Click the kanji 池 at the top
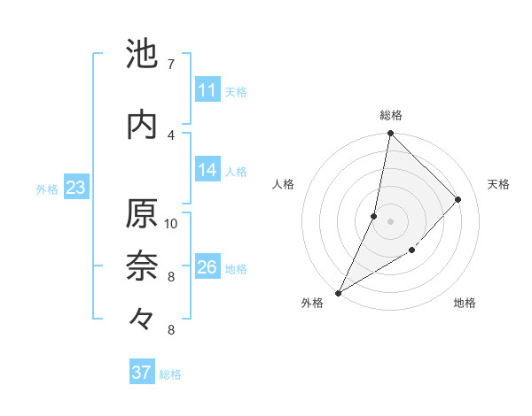[143, 54]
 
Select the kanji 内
[143, 124]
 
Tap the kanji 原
[143, 214]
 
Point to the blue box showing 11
[207, 90]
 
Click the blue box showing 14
[207, 170]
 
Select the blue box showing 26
[207, 267]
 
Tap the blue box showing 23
[75, 188]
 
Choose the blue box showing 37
[142, 373]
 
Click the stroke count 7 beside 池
[170, 65]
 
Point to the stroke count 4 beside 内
[170, 135]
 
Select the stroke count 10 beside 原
[171, 223]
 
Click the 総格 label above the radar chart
[391, 115]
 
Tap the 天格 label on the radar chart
[498, 184]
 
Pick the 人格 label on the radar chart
[283, 184]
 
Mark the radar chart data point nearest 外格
[338, 293]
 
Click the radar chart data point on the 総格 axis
[390, 134]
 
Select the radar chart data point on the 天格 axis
[458, 199]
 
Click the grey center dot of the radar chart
[390, 221]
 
